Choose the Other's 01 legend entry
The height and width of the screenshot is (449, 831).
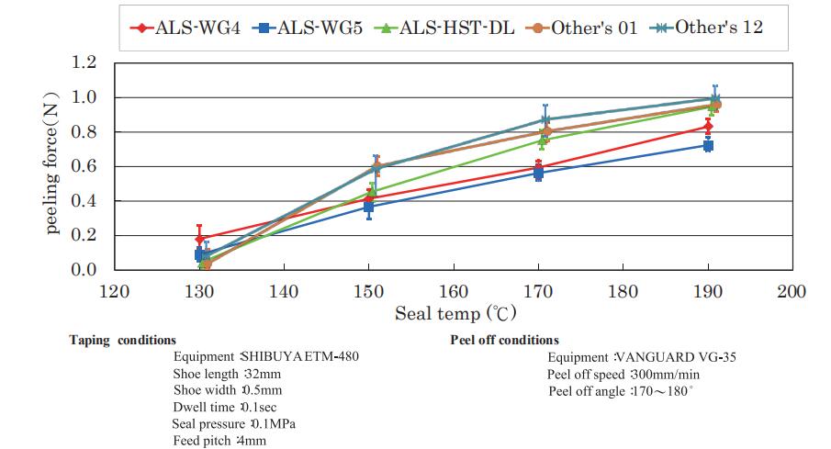coord(581,27)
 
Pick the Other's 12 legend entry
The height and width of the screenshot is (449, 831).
coord(707,27)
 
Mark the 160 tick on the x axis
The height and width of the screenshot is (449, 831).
coord(454,291)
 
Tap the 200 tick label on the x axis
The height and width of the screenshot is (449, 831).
coord(792,291)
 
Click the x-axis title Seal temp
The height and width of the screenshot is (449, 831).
coord(450,315)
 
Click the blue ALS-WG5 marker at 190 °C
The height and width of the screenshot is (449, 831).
coord(708,146)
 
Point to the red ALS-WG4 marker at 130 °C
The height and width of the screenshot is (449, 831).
coord(199,239)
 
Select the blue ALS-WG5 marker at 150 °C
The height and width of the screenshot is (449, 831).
coord(368,208)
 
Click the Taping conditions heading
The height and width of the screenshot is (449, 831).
coord(122,340)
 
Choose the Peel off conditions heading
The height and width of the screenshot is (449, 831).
coord(504,340)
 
